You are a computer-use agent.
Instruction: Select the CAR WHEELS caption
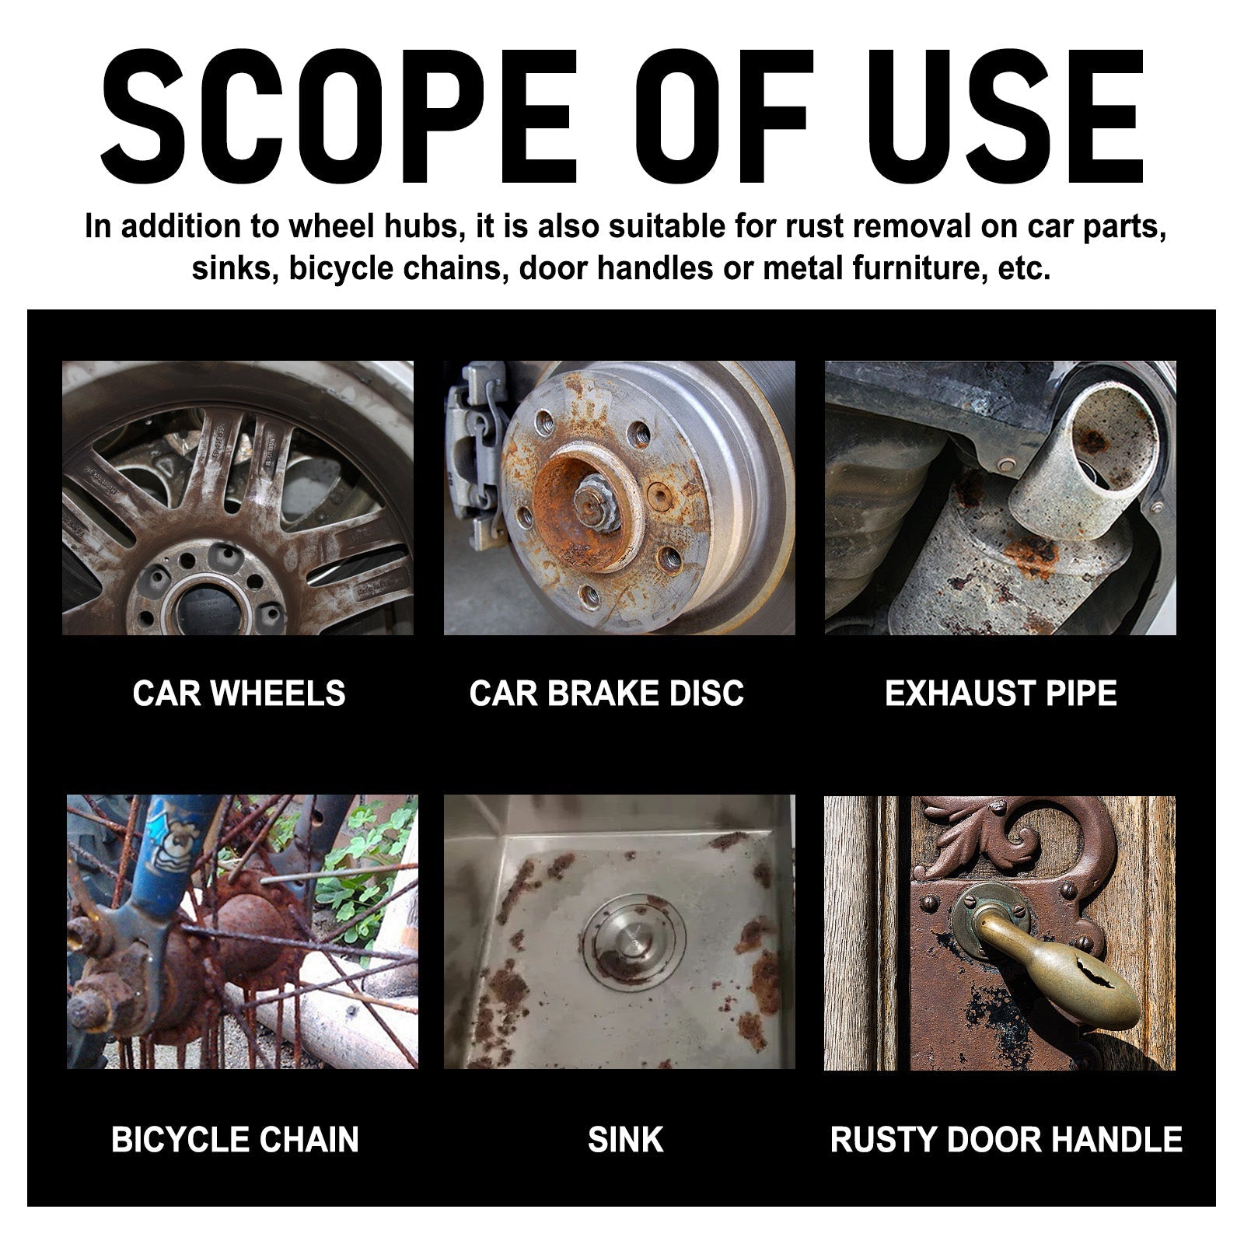pyautogui.click(x=239, y=693)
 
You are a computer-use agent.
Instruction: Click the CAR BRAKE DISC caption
pyautogui.click(x=606, y=693)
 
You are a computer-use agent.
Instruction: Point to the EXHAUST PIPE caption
pyautogui.click(x=1001, y=693)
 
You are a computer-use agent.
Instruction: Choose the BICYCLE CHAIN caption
pyautogui.click(x=235, y=1140)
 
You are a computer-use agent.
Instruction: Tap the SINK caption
pyautogui.click(x=626, y=1140)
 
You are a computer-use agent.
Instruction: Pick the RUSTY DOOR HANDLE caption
pyautogui.click(x=1006, y=1140)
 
